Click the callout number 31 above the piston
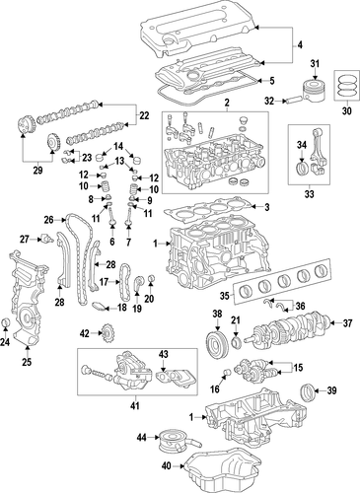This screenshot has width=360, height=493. pyautogui.click(x=315, y=64)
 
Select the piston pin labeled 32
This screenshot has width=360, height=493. pyautogui.click(x=293, y=100)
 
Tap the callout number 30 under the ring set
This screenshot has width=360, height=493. pyautogui.click(x=347, y=111)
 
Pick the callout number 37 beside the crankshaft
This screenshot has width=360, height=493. pyautogui.click(x=348, y=323)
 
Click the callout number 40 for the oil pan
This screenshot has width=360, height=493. pyautogui.click(x=167, y=466)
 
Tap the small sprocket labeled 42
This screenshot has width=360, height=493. pyautogui.click(x=108, y=335)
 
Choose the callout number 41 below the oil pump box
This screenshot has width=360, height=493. pyautogui.click(x=135, y=405)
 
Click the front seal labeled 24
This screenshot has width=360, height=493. pyautogui.click(x=6, y=323)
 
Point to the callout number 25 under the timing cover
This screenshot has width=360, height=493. pyautogui.click(x=27, y=362)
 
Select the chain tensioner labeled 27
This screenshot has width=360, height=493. pyautogui.click(x=46, y=239)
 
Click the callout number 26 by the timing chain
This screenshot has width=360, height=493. pyautogui.click(x=48, y=219)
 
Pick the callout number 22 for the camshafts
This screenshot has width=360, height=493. pyautogui.click(x=144, y=115)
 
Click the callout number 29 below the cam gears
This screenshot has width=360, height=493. pyautogui.click(x=37, y=171)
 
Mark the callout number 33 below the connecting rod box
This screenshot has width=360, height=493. pyautogui.click(x=310, y=193)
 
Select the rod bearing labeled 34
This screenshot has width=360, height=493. pyautogui.click(x=302, y=167)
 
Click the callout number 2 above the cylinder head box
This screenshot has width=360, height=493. pyautogui.click(x=227, y=104)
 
